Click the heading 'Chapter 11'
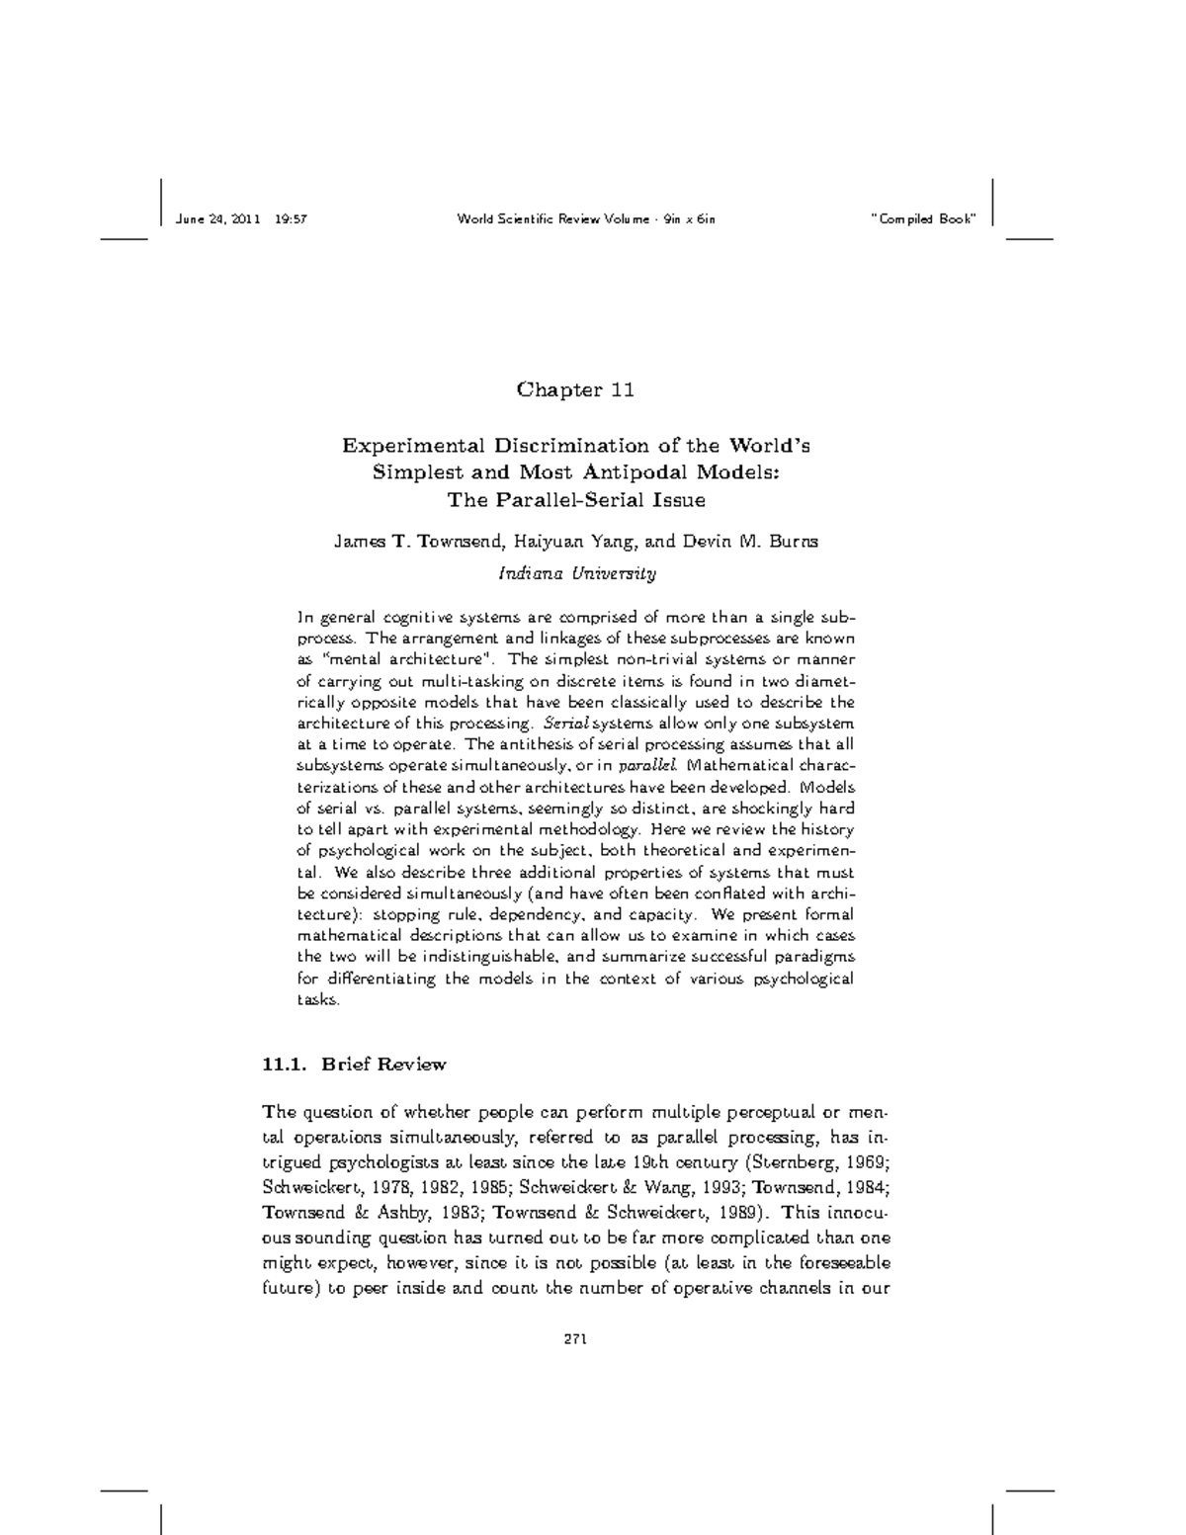point(574,389)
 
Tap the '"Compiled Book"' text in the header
point(922,218)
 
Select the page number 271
point(575,1340)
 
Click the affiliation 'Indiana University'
point(576,573)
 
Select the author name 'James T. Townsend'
point(419,542)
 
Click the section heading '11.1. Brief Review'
point(354,1065)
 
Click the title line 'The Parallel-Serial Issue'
point(576,500)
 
